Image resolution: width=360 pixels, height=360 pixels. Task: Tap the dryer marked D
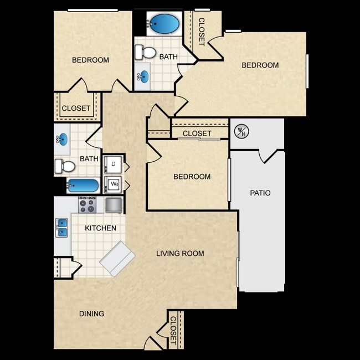[x=113, y=164]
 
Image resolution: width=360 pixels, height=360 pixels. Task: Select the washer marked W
[x=113, y=184]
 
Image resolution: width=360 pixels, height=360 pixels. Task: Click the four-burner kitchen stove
[x=88, y=205]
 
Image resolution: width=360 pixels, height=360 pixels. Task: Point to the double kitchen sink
[x=61, y=228]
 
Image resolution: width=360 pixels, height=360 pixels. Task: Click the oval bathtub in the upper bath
[x=163, y=24]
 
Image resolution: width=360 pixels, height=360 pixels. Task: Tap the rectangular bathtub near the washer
[x=83, y=186]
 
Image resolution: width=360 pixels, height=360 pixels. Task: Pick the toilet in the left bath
[x=65, y=166]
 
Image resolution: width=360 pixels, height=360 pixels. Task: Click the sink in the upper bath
[x=143, y=76]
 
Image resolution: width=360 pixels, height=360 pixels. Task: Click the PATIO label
[x=260, y=193]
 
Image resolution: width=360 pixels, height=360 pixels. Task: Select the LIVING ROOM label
[x=180, y=254]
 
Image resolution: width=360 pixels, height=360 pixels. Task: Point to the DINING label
[x=91, y=313]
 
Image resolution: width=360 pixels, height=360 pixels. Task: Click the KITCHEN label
[x=101, y=228]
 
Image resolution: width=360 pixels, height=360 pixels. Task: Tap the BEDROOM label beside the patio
[x=192, y=177]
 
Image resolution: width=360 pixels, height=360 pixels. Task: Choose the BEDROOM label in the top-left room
[x=90, y=60]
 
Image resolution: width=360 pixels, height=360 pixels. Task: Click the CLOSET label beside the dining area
[x=173, y=331]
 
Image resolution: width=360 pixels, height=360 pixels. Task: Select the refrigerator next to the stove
[x=114, y=205]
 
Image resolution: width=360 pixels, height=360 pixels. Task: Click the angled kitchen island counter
[x=117, y=259]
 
